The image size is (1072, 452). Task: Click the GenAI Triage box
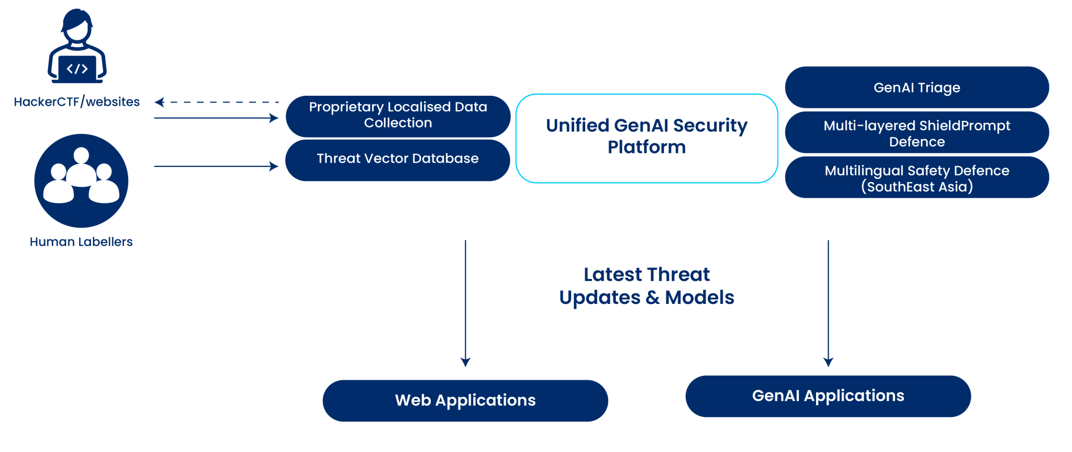[917, 87]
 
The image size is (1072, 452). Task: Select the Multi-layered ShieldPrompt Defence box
[917, 133]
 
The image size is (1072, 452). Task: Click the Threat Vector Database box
[397, 159]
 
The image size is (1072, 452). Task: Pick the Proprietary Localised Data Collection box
[398, 115]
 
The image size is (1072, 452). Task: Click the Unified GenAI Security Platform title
[646, 136]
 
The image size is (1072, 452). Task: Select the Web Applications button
[465, 400]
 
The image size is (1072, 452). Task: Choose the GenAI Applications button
[828, 395]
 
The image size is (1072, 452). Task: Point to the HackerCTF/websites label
[76, 101]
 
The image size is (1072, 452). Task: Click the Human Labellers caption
[81, 242]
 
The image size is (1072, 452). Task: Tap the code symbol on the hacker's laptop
[77, 69]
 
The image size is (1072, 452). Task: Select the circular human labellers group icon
[81, 180]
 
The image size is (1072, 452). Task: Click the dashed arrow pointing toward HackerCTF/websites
[217, 103]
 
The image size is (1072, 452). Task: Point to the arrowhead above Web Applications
[465, 362]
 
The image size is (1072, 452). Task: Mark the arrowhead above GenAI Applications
[828, 362]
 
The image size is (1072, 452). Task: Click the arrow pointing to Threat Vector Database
[217, 166]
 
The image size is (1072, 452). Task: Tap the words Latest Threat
[646, 275]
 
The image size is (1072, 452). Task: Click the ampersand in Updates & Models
[652, 298]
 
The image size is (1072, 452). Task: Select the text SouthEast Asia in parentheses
[917, 187]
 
